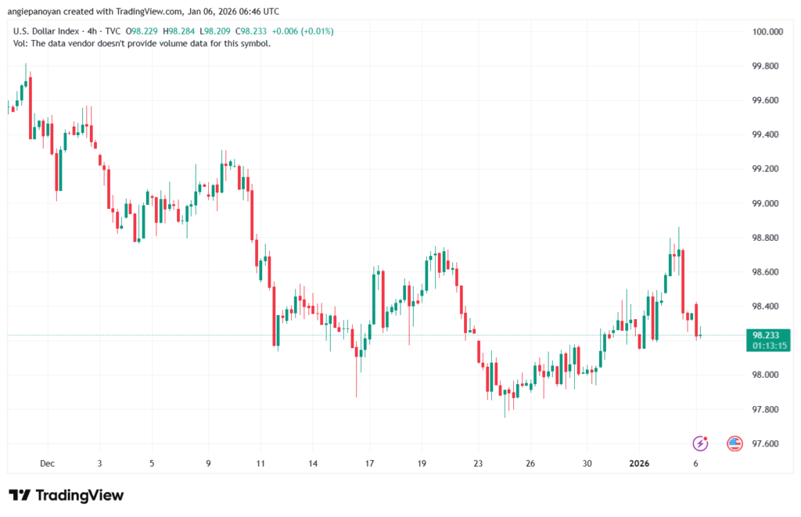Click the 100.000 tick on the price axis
(x=767, y=32)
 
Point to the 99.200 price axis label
(x=767, y=169)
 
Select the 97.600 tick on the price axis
(x=767, y=443)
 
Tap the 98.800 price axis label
(x=767, y=238)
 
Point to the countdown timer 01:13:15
(x=769, y=345)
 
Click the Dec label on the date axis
(x=48, y=463)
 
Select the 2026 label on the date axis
(x=640, y=463)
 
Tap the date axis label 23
(x=478, y=463)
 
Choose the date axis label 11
(x=260, y=463)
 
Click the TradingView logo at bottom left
(x=66, y=495)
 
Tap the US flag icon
(x=734, y=443)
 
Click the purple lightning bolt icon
(x=701, y=443)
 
